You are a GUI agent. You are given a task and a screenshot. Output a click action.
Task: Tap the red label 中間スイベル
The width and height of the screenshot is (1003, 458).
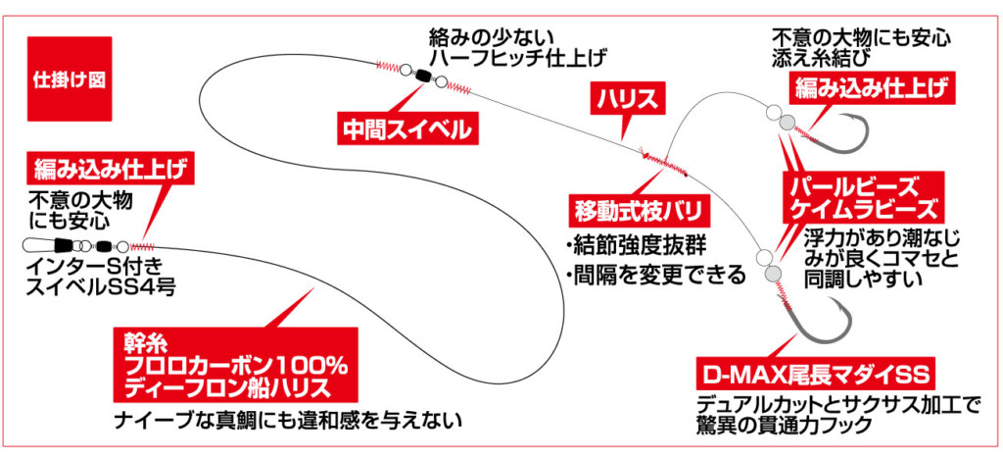tap(396, 128)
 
